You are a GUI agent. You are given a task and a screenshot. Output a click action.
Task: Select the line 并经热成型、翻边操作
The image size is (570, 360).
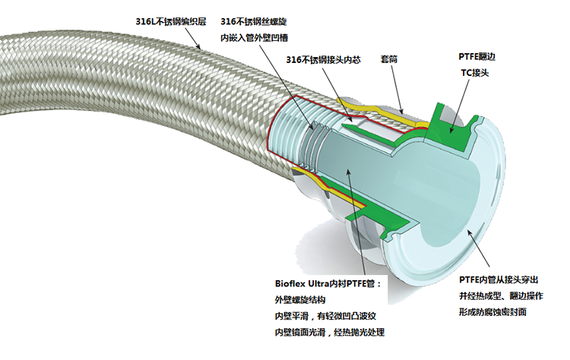[501, 295]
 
